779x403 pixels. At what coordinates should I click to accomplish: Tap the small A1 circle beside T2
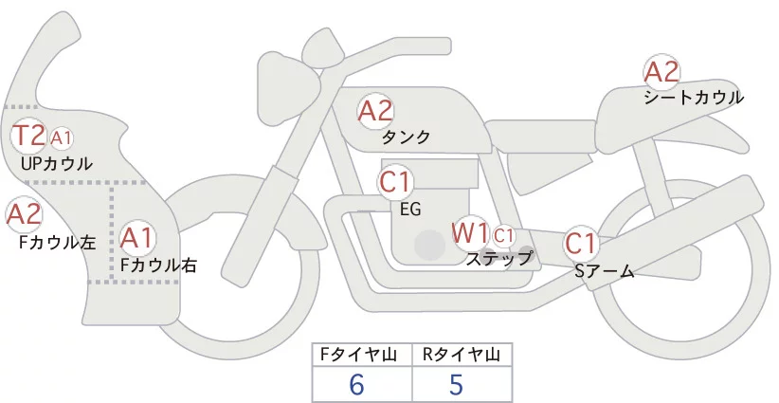point(62,138)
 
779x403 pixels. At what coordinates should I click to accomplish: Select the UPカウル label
point(57,164)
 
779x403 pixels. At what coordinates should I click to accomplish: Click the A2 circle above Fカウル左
point(24,214)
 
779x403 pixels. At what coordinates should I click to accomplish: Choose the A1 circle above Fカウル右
point(137,235)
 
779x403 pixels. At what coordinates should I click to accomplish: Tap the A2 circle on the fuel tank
point(375,111)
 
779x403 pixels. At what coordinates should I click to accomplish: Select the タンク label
point(406,137)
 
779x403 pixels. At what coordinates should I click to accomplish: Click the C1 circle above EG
point(394,181)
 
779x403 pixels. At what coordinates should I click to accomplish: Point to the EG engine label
point(411,209)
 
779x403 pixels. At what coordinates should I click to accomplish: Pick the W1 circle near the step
point(469,231)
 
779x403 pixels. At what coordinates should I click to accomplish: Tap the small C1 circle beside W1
point(503,234)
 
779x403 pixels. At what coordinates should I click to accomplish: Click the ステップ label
point(499,257)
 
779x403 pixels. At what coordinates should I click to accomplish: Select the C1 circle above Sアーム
point(580,244)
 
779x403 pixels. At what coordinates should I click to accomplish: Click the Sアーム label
point(604,272)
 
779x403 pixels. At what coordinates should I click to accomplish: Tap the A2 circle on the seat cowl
point(661,72)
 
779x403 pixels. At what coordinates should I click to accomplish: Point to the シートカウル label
point(693,98)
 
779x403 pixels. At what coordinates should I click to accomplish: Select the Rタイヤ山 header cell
point(462,355)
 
